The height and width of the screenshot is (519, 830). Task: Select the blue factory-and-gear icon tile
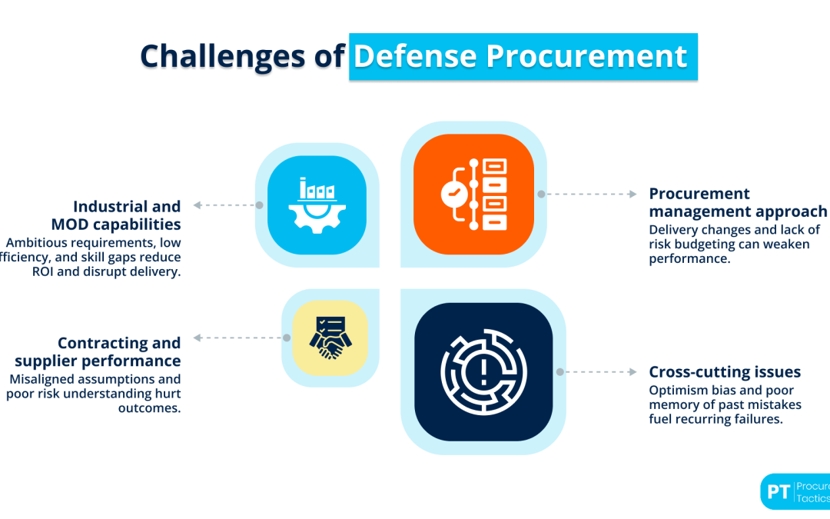[x=317, y=205]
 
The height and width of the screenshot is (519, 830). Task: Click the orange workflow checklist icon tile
[x=473, y=194]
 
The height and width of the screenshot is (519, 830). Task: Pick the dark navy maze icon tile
[x=483, y=371]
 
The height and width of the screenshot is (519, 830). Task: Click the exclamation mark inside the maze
[x=483, y=374]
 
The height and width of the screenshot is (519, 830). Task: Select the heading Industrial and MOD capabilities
[x=127, y=215]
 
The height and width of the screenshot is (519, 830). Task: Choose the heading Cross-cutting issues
[x=725, y=371]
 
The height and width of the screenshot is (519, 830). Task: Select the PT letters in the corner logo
[x=779, y=492]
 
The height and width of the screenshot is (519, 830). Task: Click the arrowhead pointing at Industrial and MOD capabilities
[x=198, y=205]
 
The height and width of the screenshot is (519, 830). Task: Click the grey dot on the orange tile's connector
[x=541, y=194]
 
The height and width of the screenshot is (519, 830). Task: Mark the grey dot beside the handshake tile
[x=287, y=338]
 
